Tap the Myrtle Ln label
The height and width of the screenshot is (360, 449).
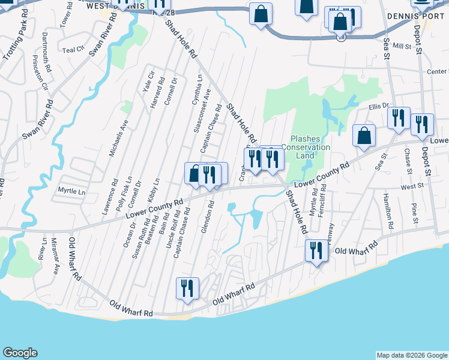pyautogui.click(x=71, y=191)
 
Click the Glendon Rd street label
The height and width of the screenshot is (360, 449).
pyautogui.click(x=212, y=214)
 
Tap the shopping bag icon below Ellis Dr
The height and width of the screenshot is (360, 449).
pyautogui.click(x=364, y=135)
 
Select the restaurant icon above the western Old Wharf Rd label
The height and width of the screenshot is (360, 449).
pyautogui.click(x=187, y=288)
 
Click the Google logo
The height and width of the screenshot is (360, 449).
pyautogui.click(x=20, y=353)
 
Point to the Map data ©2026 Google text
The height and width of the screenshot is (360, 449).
pyautogui.click(x=411, y=355)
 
